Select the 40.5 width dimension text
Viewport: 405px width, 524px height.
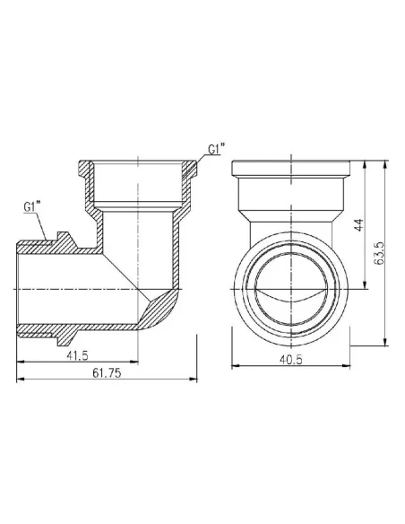(x=288, y=361)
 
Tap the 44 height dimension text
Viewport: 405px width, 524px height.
(x=357, y=224)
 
